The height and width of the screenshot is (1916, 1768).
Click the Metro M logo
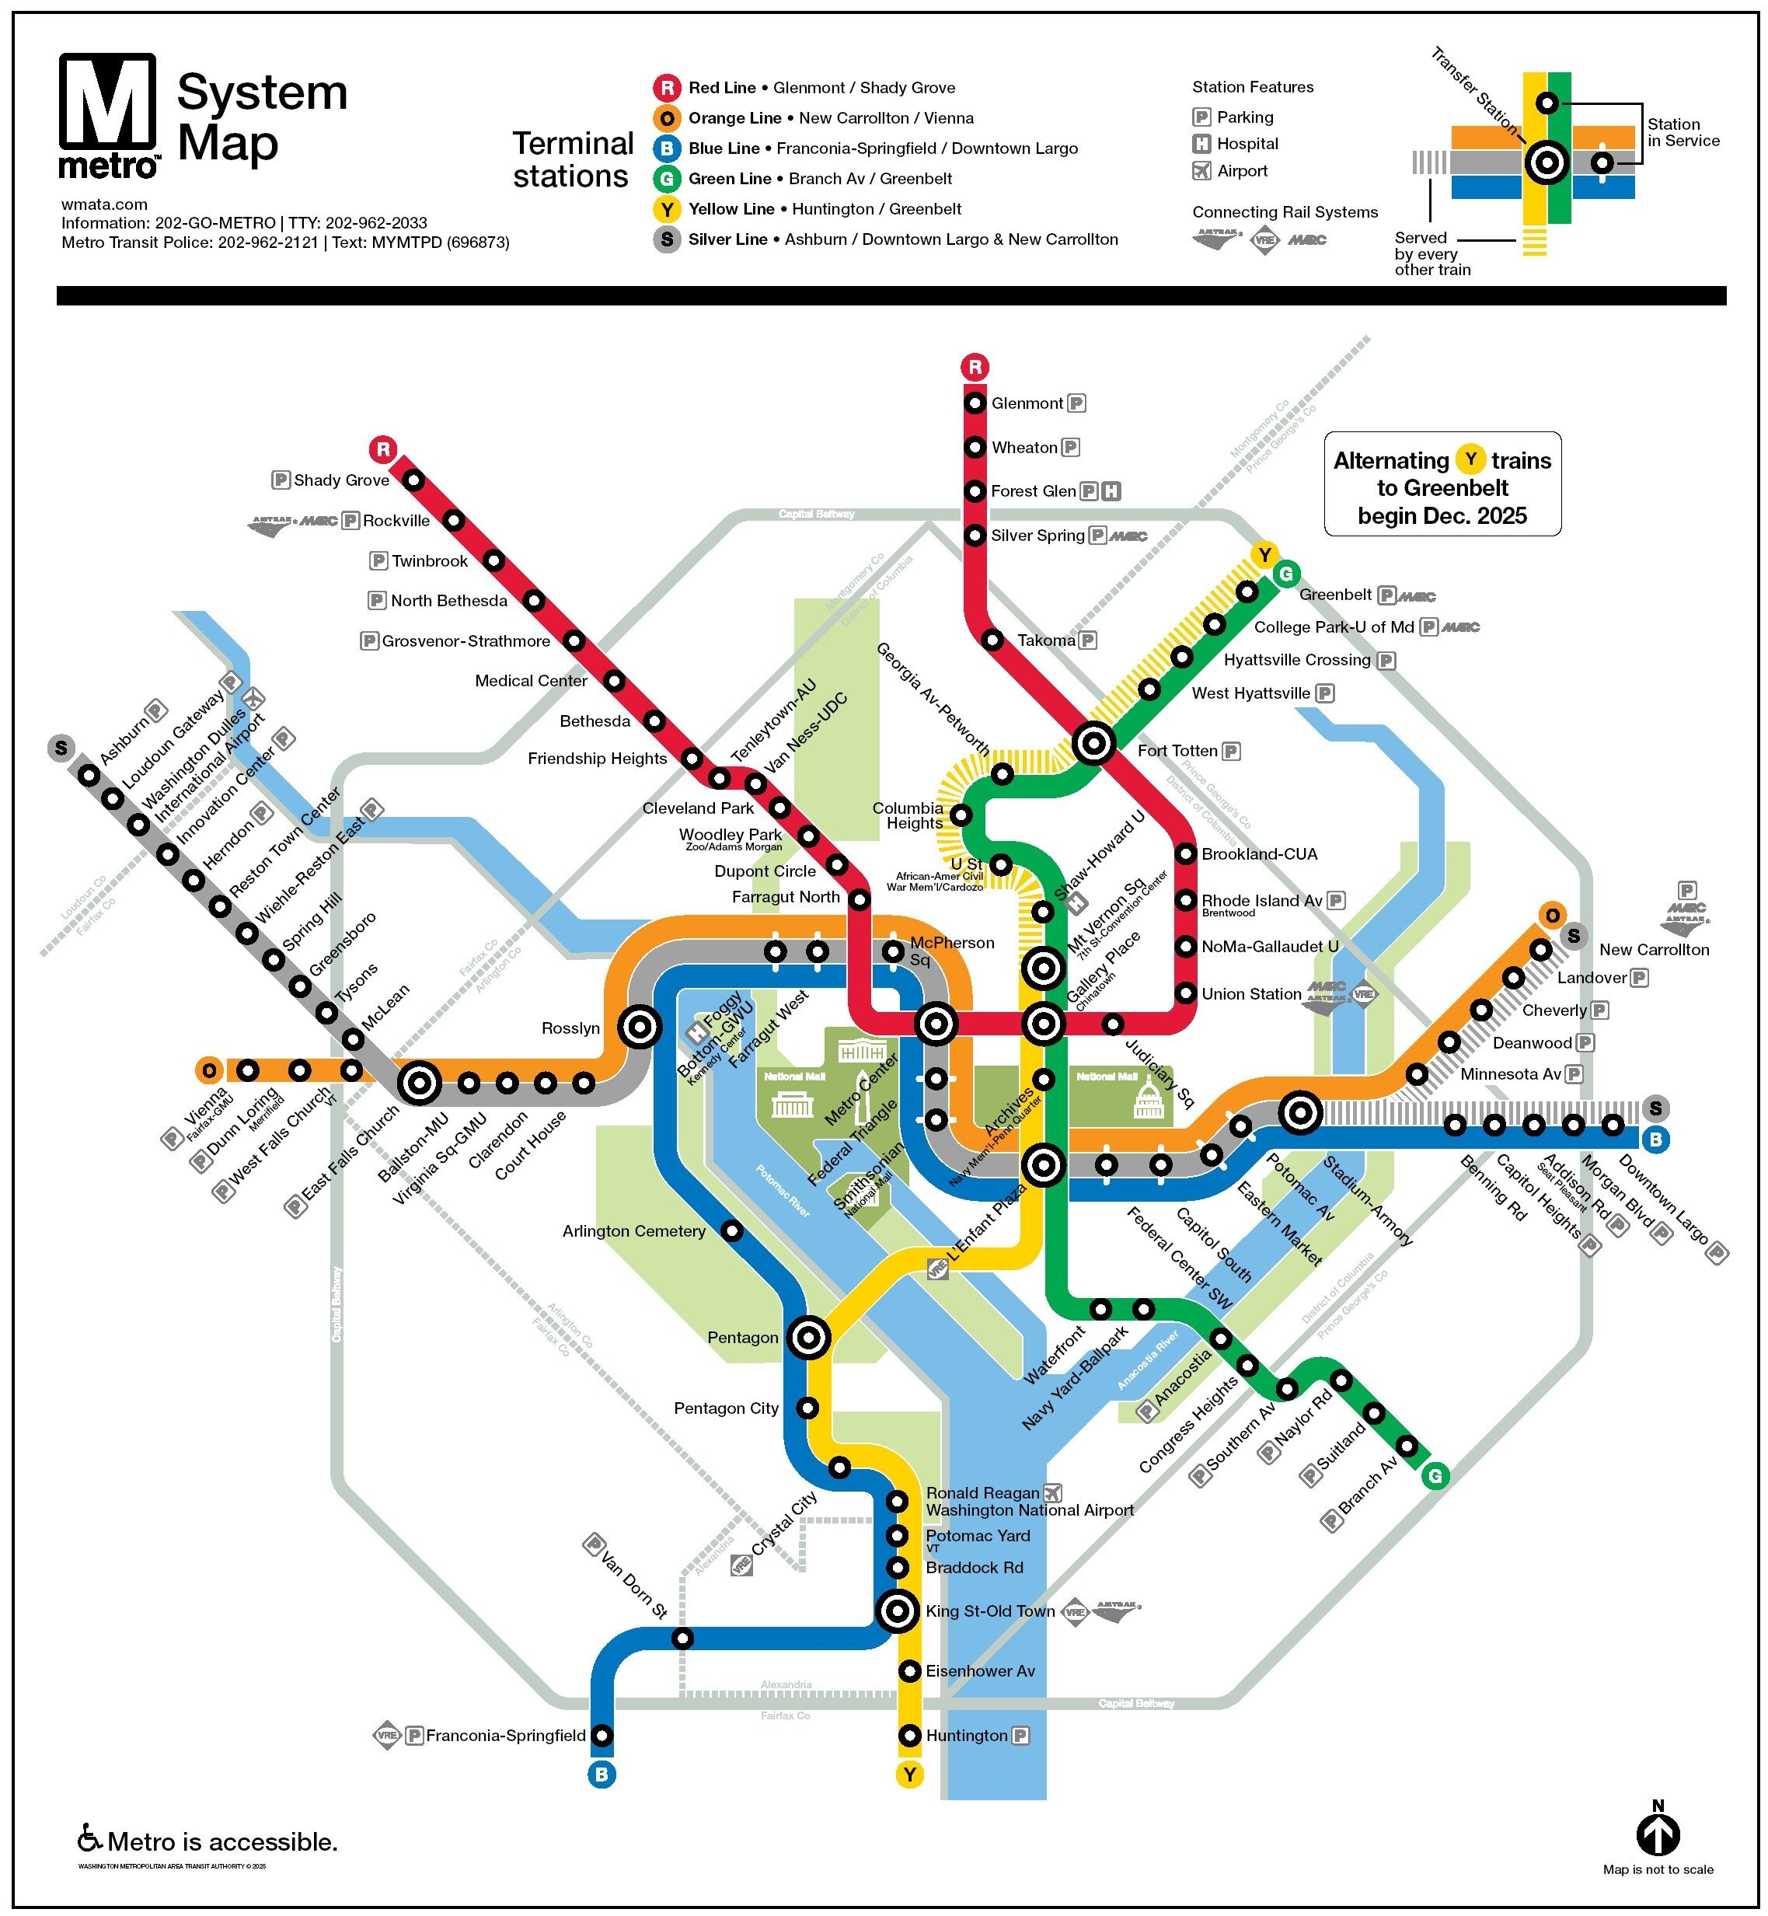click(107, 113)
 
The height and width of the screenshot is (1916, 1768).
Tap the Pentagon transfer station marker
click(808, 1338)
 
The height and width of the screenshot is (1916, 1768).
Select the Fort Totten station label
click(1177, 752)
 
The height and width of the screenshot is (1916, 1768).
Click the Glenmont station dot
click(974, 403)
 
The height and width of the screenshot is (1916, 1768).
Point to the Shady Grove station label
click(340, 480)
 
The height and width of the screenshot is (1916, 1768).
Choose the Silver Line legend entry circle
click(667, 239)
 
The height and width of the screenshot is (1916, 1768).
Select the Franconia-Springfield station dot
click(602, 1735)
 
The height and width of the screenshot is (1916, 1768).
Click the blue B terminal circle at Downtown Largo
click(1655, 1139)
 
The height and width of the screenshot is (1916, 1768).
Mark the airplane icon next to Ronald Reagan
click(1052, 1493)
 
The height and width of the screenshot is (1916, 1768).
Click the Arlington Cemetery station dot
click(731, 1230)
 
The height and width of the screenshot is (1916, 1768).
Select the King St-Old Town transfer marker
click(898, 1611)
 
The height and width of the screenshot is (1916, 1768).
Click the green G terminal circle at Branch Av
click(1434, 1476)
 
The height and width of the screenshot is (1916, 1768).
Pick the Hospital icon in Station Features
click(1201, 144)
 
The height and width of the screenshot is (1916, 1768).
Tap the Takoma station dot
click(992, 639)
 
